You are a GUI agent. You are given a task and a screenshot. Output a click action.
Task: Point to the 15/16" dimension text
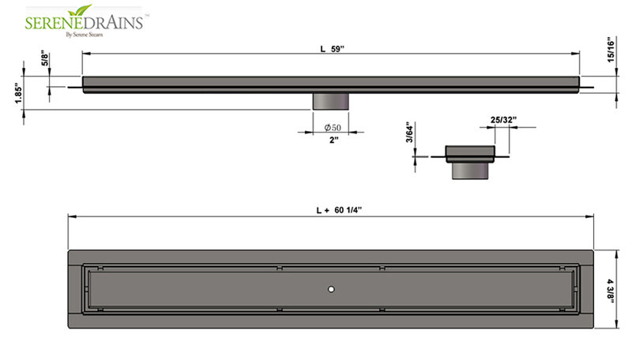[x=611, y=49]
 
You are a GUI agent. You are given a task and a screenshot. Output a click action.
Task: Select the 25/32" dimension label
[x=503, y=120]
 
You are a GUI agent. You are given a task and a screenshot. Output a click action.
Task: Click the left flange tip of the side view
[x=73, y=86]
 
